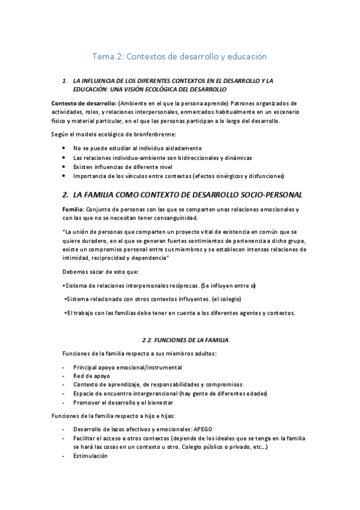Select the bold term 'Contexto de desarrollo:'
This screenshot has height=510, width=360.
[84, 102]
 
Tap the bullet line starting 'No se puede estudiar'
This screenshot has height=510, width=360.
[137, 148]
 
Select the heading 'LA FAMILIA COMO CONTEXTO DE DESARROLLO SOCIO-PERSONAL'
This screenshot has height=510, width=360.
[187, 195]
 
